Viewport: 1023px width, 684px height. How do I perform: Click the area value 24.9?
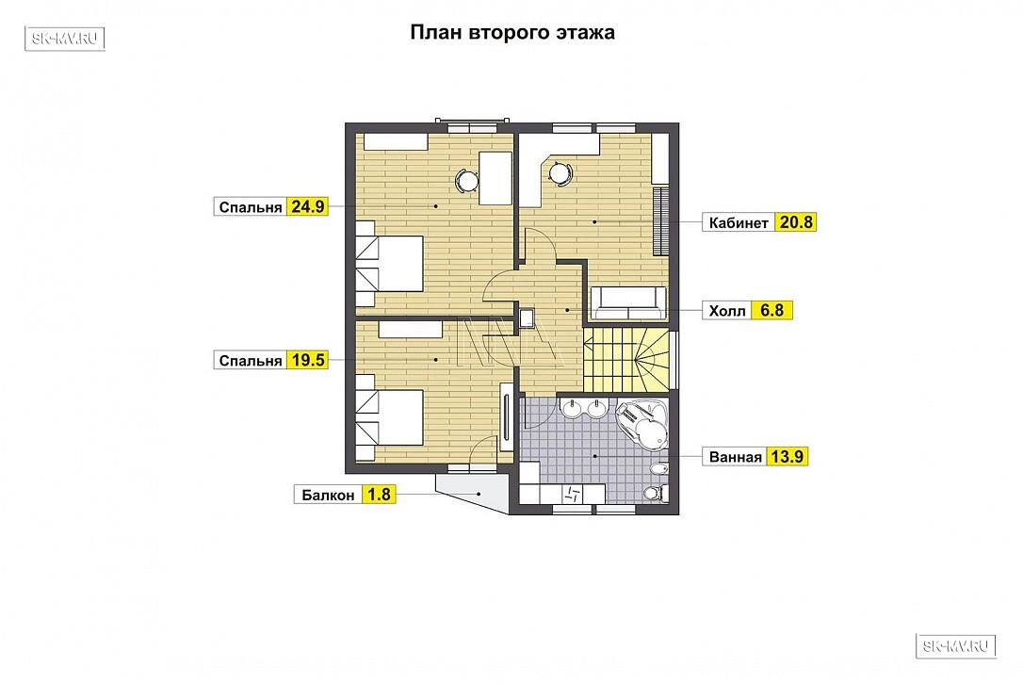[307, 207]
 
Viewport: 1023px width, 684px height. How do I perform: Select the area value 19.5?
[307, 360]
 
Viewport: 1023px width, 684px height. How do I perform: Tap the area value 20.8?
[796, 222]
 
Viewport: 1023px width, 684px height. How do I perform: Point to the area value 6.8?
[771, 310]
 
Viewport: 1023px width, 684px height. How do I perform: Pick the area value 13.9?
[787, 456]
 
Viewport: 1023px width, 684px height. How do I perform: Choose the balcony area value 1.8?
[379, 495]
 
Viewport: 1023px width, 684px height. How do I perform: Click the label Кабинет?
[739, 223]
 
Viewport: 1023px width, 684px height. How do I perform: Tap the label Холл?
[727, 311]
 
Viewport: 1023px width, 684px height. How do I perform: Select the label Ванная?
[736, 457]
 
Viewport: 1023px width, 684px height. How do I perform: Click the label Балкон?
[328, 496]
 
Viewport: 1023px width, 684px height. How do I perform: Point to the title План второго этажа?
[512, 33]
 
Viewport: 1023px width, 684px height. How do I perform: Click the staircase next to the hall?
[626, 359]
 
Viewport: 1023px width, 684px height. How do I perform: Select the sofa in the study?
[628, 303]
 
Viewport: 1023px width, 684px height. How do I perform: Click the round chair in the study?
[560, 174]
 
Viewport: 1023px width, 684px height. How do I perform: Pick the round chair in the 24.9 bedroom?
[467, 179]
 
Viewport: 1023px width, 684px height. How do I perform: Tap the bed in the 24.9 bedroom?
[389, 264]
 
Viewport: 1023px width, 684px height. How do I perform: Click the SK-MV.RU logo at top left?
[65, 39]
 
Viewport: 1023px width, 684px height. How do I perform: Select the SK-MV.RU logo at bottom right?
[956, 646]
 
